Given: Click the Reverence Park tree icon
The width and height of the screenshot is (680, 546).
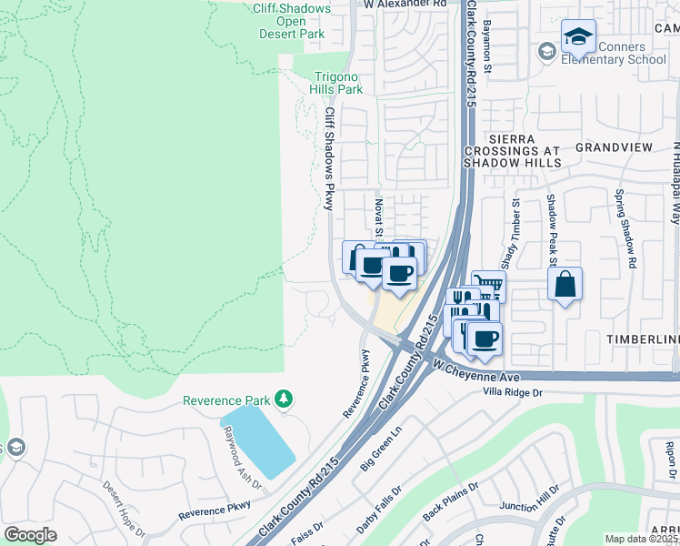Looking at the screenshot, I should click(284, 399).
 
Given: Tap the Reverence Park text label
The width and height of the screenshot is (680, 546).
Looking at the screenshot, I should click(226, 400).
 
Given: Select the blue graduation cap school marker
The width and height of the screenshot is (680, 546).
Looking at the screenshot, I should click(577, 37).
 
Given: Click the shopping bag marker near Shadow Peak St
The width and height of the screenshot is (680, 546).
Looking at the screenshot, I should click(565, 284).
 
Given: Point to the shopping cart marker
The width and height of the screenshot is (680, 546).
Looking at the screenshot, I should click(487, 288).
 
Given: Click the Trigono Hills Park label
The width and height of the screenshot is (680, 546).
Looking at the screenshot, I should click(338, 84).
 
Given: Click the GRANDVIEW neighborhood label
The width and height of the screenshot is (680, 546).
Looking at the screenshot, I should click(614, 147).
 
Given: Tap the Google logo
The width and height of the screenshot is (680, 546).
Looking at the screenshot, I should click(30, 535).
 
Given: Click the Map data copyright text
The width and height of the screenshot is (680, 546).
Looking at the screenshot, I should click(642, 539).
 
